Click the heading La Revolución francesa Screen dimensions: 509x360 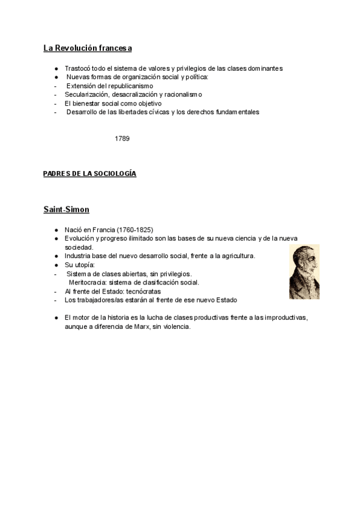click(x=88, y=48)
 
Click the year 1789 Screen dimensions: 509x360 click(x=122, y=139)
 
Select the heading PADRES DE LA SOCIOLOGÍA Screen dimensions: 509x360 click(x=89, y=173)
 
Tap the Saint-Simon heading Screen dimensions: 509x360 click(x=67, y=209)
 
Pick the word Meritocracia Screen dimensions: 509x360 click(x=90, y=282)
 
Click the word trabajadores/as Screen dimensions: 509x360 click(x=98, y=300)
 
